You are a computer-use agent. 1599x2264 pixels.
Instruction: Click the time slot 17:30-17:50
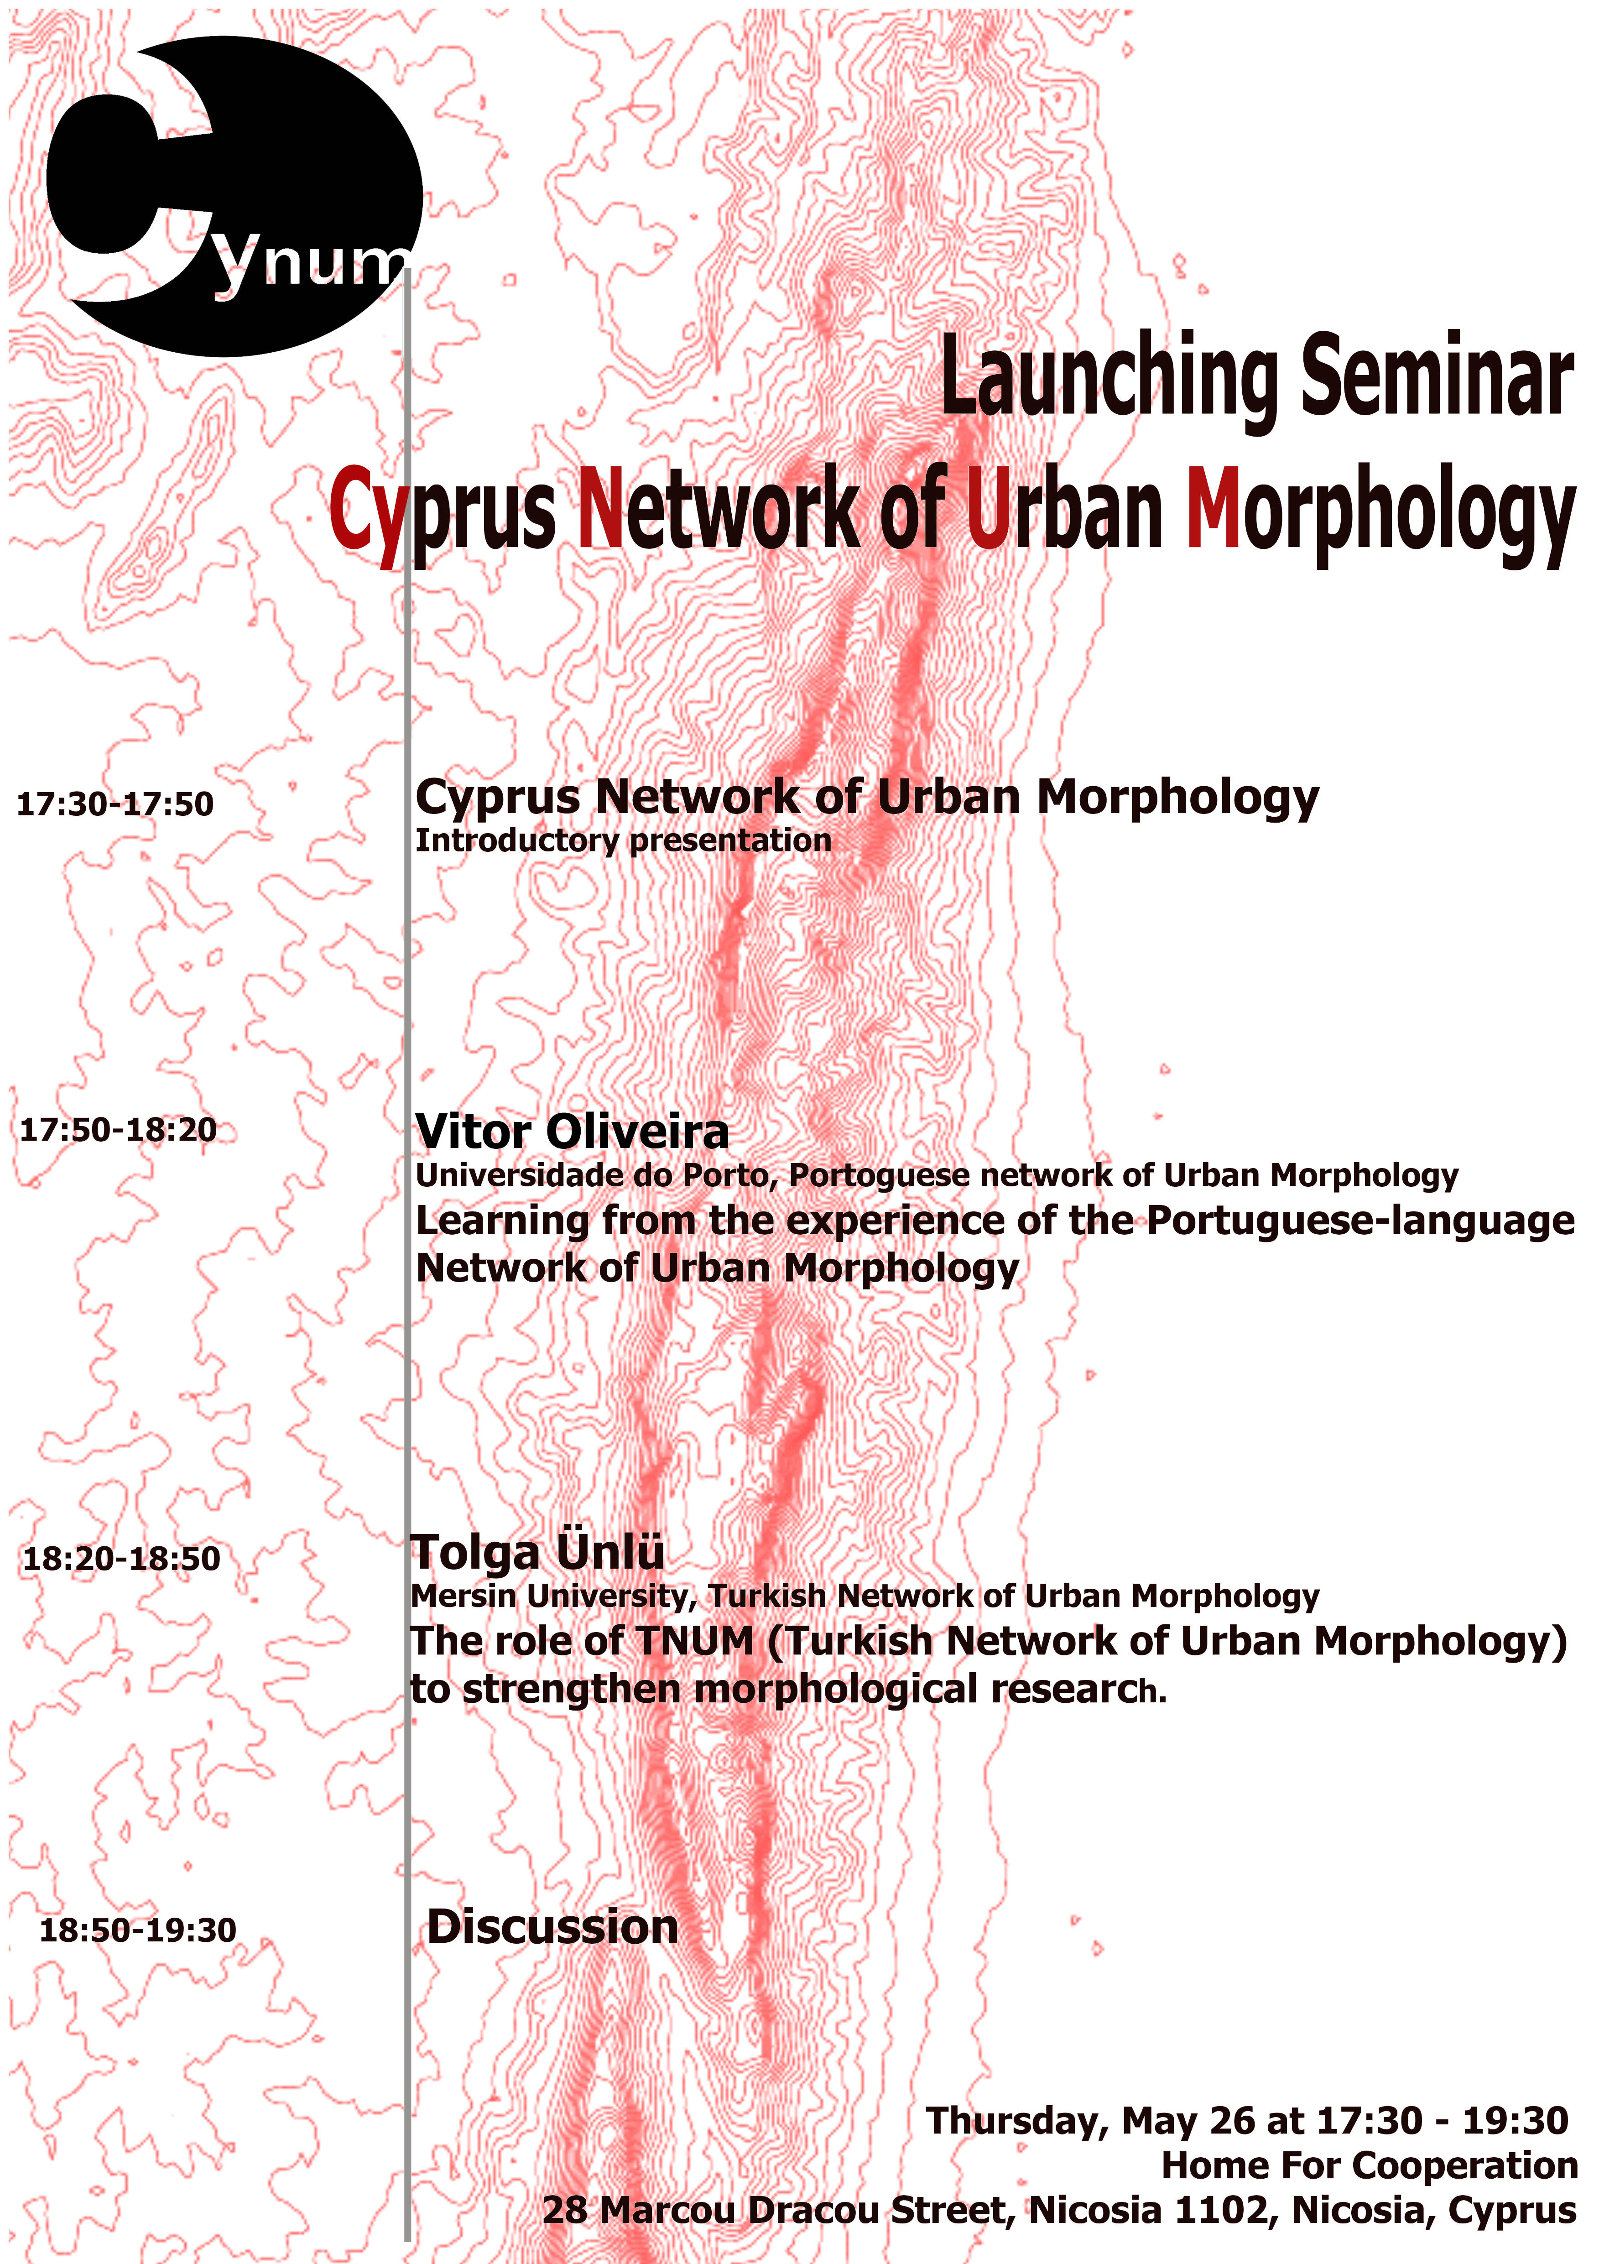pos(115,803)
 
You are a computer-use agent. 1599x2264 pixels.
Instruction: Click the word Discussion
pos(552,1927)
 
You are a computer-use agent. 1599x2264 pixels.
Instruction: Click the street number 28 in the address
pos(565,2210)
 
